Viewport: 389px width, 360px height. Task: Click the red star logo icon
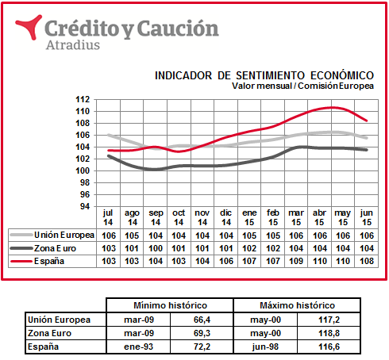(29, 27)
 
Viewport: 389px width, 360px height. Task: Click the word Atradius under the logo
(73, 45)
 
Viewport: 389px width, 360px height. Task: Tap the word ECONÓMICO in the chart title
(342, 75)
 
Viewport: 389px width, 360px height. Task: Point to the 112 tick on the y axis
(83, 100)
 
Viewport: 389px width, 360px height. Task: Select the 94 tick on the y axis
(85, 206)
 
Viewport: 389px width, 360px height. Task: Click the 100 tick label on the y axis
(83, 170)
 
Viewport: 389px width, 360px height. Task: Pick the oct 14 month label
(179, 217)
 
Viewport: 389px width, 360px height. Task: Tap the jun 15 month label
(367, 217)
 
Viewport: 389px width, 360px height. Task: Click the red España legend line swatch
(21, 262)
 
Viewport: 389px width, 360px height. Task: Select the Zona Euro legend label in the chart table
(55, 248)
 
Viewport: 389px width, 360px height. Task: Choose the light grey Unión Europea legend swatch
(21, 235)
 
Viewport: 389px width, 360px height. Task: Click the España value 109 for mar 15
(296, 261)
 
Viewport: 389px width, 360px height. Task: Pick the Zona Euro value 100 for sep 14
(156, 248)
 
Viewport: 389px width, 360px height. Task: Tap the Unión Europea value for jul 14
(109, 236)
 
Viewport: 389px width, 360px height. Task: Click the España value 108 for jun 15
(367, 261)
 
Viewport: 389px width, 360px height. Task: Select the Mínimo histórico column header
(170, 305)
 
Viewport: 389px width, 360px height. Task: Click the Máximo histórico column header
(297, 305)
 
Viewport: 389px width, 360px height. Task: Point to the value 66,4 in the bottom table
(202, 320)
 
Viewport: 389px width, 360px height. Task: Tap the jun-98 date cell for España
(265, 347)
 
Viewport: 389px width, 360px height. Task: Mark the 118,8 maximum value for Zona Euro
(329, 333)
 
